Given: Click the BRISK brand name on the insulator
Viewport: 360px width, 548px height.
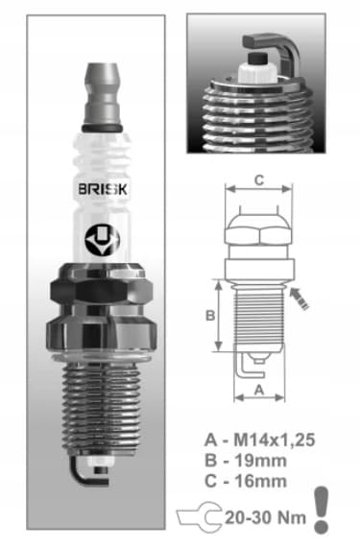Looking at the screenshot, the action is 103,189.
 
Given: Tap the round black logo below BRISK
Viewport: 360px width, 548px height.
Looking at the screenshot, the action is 102,240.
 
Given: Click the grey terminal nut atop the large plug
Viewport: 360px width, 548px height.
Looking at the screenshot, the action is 103,95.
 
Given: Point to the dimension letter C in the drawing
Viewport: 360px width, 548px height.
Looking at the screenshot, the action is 259,180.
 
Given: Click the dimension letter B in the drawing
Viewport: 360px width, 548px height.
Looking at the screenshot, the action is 210,316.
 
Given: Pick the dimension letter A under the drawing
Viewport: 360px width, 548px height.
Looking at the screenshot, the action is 259,390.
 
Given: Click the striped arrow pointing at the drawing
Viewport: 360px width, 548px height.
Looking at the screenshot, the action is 299,298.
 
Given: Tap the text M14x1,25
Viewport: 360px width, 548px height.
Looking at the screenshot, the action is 275,440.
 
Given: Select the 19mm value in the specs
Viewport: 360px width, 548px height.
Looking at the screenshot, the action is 260,461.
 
